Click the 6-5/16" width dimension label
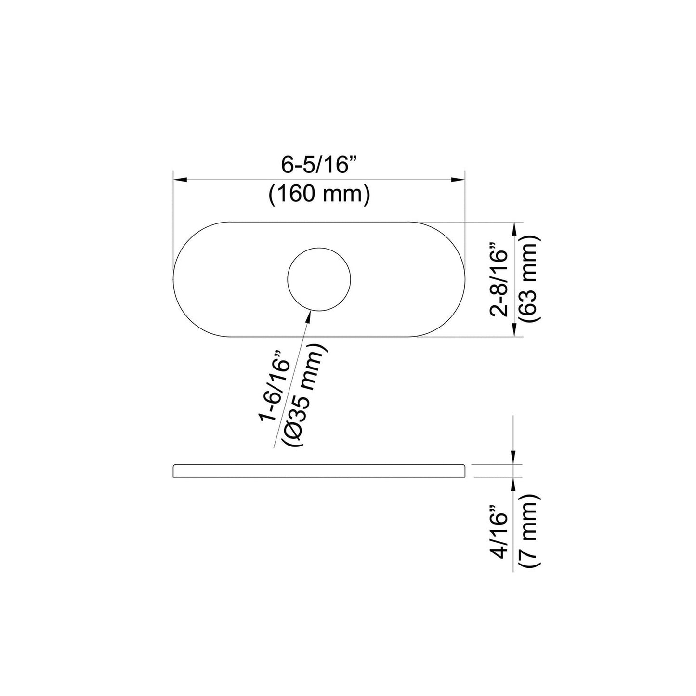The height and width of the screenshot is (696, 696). (x=318, y=165)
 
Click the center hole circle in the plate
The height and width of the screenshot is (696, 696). (x=319, y=279)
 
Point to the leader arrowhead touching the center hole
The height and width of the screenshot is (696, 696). (x=309, y=316)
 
